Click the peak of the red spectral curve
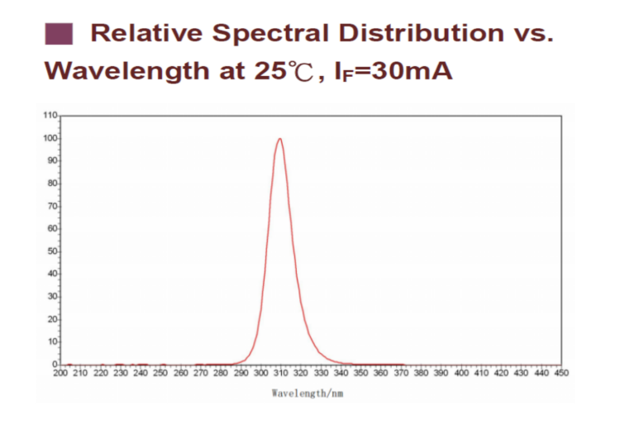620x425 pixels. pos(279,139)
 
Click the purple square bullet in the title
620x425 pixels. pos(60,35)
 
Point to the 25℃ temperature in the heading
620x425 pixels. pos(282,70)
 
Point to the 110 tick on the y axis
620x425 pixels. pos(50,114)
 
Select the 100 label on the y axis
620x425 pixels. pos(50,137)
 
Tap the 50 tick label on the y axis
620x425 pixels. pos(51,251)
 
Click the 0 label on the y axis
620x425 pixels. pos(54,364)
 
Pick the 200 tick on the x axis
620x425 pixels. pos(60,373)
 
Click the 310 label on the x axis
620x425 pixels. pos(281,373)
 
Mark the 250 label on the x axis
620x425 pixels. pos(160,373)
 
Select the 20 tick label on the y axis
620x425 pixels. pos(51,318)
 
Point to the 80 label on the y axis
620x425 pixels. pos(51,183)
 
